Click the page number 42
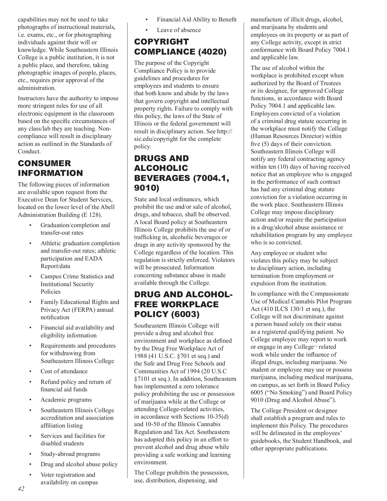point(21,488)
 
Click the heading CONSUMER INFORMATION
point(50,168)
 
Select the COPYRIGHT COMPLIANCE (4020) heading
point(180,47)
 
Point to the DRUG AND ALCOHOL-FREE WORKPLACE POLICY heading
point(183,304)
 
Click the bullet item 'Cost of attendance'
point(64,371)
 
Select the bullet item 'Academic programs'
point(66,400)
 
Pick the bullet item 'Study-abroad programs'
point(70,454)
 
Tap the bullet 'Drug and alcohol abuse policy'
point(79,464)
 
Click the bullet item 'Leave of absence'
point(179,30)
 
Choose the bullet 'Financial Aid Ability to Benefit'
point(196,19)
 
